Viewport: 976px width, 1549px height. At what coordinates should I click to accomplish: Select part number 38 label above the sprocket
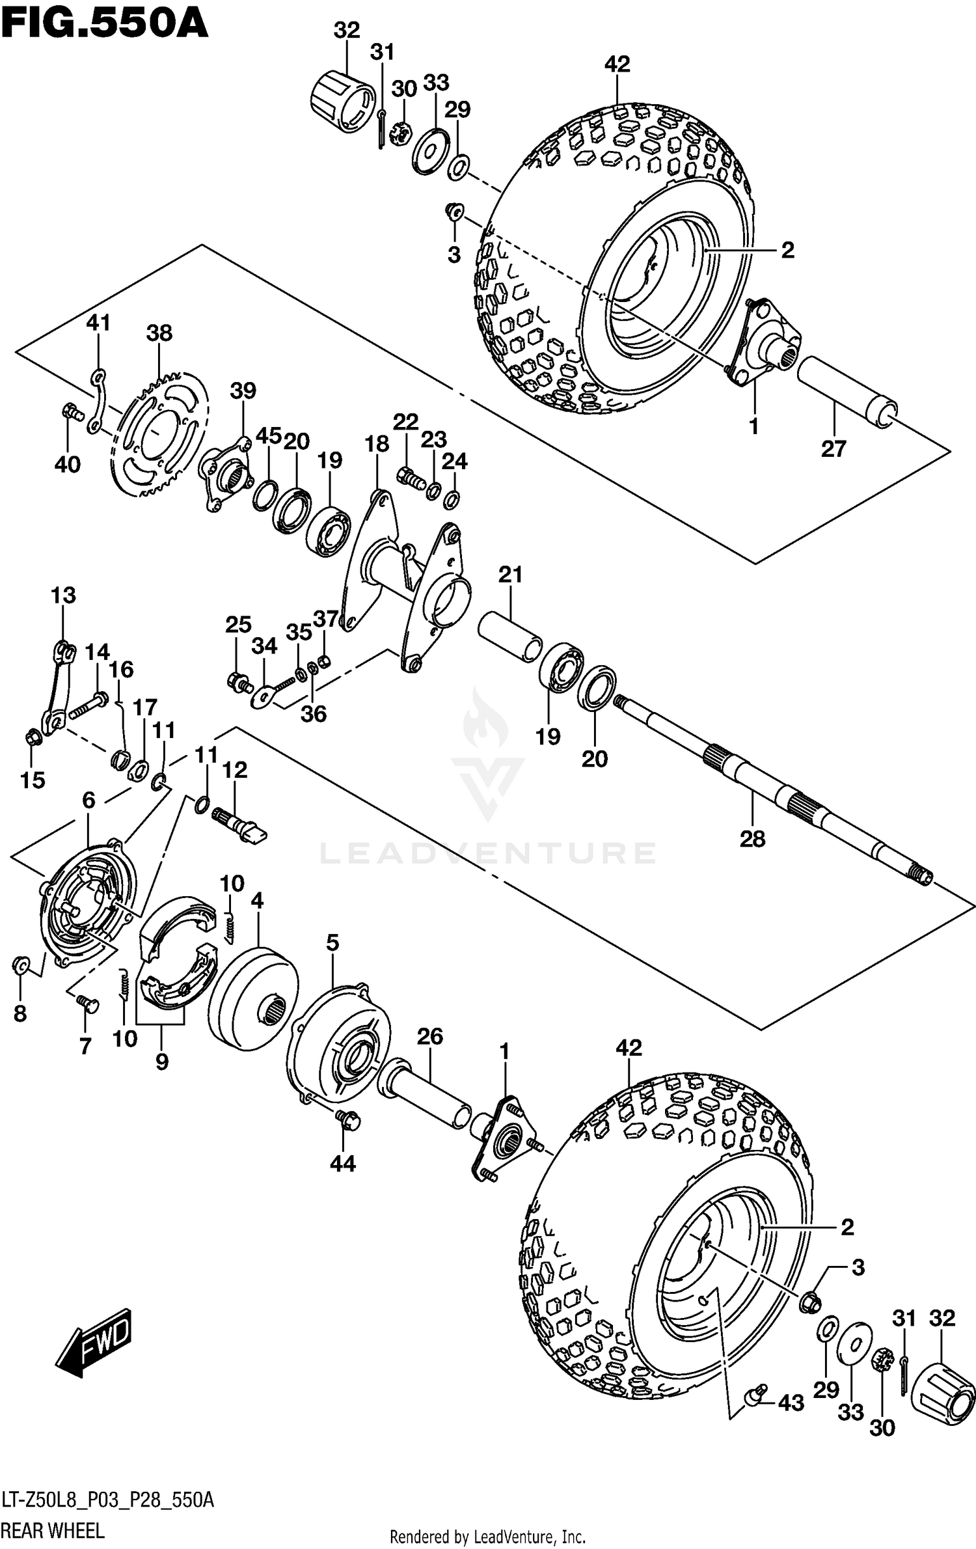159,333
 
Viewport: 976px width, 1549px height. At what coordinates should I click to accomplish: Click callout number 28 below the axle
752,839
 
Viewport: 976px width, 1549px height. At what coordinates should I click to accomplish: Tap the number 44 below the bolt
342,1164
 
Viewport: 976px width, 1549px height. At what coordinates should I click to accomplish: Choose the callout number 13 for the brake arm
63,595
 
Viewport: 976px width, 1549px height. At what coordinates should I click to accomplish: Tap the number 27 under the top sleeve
834,448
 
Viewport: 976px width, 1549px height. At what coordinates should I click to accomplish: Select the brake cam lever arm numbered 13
57,690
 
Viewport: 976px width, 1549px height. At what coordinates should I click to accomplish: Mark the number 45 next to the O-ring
268,436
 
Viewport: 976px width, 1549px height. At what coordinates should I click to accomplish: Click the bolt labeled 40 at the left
72,411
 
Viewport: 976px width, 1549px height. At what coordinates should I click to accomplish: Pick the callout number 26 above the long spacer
429,1036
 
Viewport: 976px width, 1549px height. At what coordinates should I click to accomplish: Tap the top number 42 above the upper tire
617,64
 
